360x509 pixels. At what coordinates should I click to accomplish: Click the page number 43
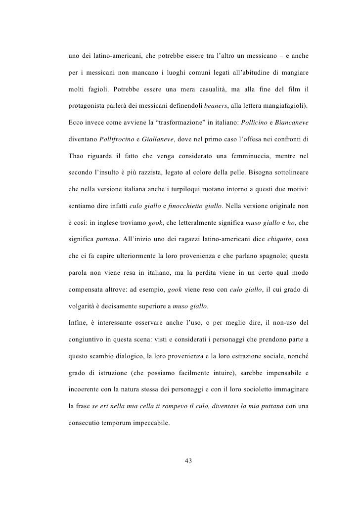(x=187, y=461)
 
